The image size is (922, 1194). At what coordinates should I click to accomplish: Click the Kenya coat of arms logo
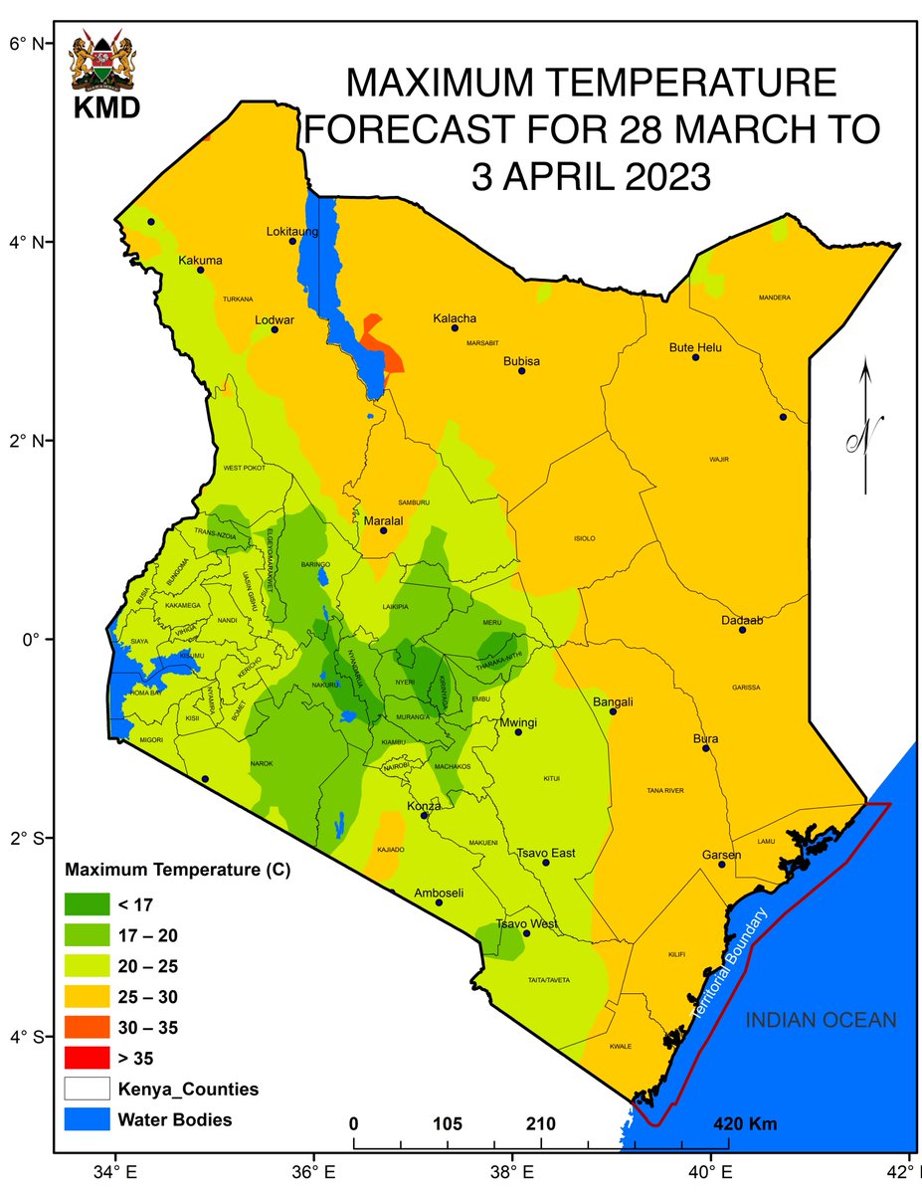coord(104,66)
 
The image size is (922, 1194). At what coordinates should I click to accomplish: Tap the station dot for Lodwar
coord(275,329)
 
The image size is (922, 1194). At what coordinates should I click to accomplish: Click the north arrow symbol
coord(866,428)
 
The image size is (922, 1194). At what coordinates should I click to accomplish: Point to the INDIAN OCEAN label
coord(822,1021)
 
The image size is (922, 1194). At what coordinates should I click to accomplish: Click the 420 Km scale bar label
coord(746,1124)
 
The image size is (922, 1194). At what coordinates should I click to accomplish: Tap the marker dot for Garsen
coord(722,865)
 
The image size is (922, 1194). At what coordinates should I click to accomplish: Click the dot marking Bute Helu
coord(696,357)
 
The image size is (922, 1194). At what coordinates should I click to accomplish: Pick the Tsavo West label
coord(527,923)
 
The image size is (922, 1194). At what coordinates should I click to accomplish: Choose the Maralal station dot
coord(384,530)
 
